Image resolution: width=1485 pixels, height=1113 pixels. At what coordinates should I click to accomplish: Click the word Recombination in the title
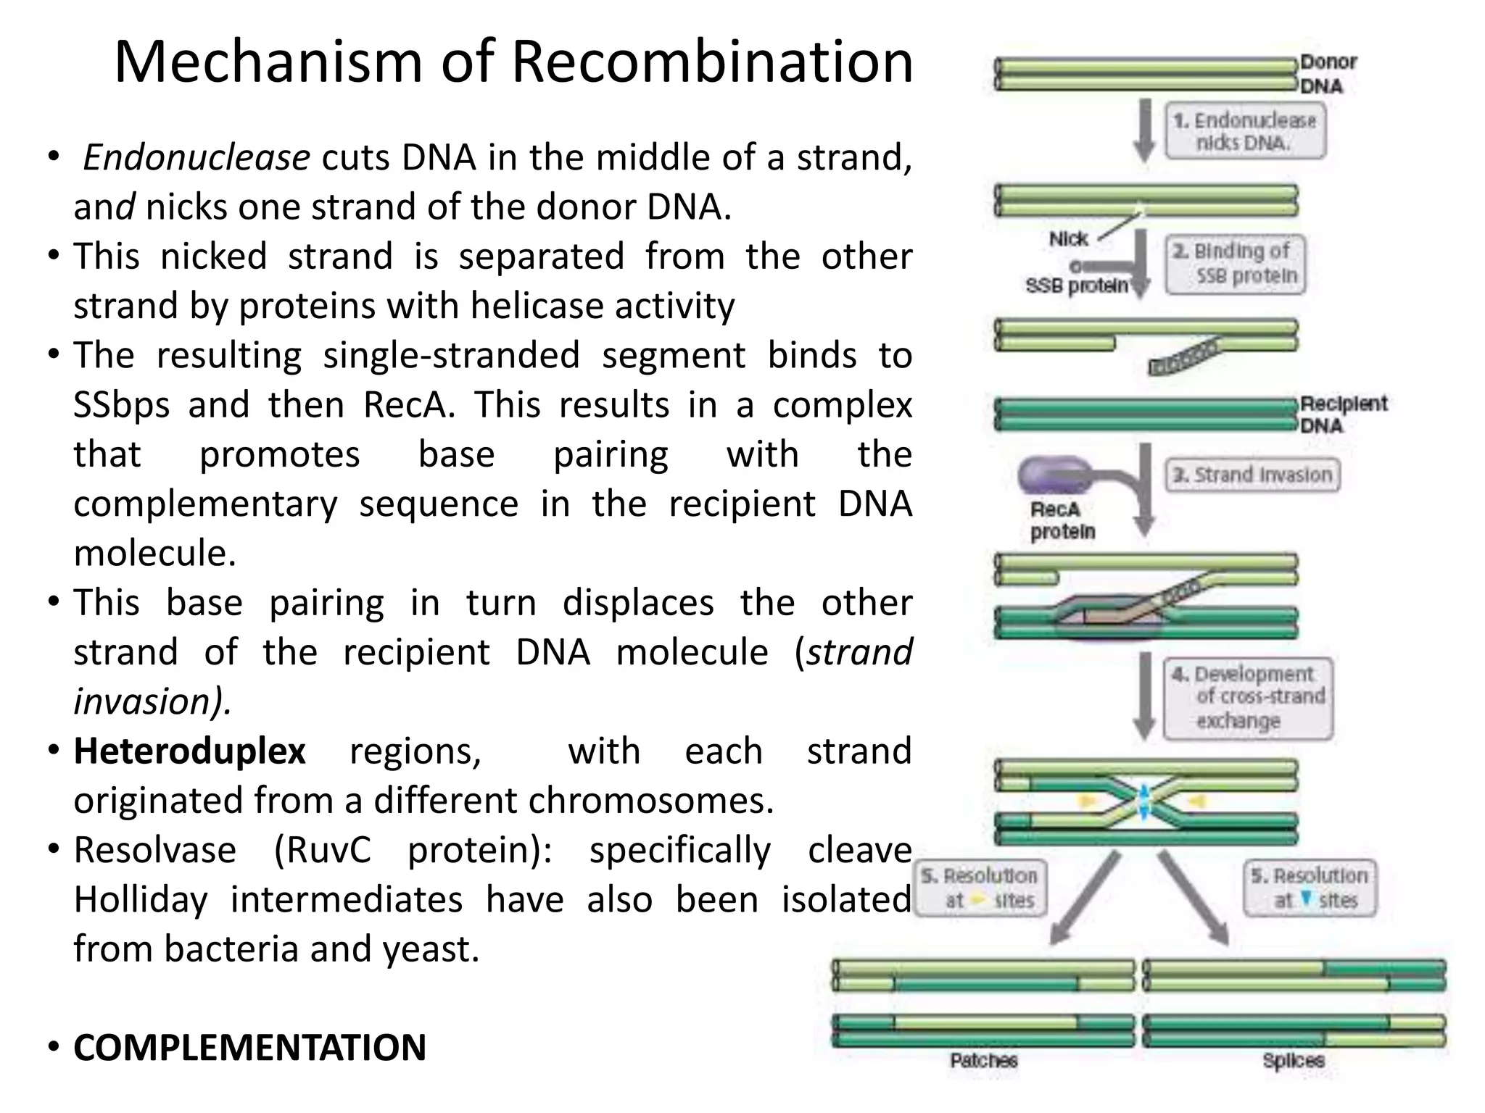[712, 62]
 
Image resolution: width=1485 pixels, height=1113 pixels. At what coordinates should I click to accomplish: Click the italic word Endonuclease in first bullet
[197, 158]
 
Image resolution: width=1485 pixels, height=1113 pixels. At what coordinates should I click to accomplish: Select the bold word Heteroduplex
[189, 751]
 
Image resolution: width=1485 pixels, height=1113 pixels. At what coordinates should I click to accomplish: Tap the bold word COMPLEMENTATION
[249, 1048]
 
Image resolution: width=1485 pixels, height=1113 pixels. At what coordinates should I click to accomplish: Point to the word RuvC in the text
[323, 850]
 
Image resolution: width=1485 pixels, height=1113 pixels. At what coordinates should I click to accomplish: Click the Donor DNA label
[1327, 74]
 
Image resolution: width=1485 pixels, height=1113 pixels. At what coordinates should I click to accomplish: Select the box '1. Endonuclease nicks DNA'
[1245, 131]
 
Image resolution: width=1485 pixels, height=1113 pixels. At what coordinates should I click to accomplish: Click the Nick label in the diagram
[1067, 238]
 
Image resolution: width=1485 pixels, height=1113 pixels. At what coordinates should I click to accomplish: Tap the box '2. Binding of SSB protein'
[1236, 264]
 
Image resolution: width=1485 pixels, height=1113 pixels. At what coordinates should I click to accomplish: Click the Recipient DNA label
[1341, 414]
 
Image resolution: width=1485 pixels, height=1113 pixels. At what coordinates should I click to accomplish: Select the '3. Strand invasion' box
[1252, 475]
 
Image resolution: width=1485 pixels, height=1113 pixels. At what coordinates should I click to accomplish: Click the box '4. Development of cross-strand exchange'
[1247, 698]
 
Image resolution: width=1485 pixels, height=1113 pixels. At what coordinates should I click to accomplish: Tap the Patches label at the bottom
[983, 1061]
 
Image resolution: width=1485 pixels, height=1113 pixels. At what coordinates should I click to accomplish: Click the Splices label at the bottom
[1293, 1061]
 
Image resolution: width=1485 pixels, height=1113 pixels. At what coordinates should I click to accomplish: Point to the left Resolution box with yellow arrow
[980, 888]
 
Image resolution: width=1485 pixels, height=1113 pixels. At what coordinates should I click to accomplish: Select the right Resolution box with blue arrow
[1310, 888]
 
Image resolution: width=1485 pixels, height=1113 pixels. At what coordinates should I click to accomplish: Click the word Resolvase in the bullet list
[155, 850]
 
